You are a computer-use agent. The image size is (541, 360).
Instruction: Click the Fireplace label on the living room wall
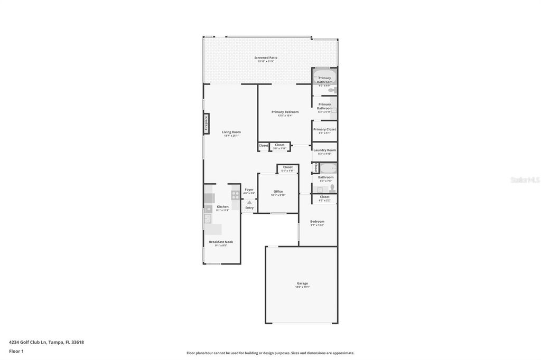[206, 124]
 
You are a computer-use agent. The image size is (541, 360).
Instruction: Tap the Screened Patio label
[266, 58]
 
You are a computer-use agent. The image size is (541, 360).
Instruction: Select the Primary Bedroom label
[285, 112]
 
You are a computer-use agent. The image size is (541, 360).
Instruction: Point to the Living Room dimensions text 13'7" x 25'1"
[231, 136]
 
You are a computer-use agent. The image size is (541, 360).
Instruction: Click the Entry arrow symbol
[249, 202]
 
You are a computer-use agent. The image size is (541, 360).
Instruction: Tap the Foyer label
[249, 190]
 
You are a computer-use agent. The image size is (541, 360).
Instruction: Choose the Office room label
[278, 192]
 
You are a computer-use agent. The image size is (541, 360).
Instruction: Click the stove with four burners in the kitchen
[235, 195]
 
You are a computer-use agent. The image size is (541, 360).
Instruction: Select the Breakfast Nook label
[220, 242]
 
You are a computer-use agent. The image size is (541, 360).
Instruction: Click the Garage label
[302, 283]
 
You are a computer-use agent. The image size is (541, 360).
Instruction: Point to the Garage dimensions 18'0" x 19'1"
[302, 287]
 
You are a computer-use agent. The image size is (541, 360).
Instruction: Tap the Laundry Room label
[324, 150]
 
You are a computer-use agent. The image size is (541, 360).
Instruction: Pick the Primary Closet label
[324, 129]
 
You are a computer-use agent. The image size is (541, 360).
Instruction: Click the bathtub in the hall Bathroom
[328, 169]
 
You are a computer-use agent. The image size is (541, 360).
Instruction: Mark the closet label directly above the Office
[287, 167]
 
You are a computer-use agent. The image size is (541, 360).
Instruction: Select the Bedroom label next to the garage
[317, 221]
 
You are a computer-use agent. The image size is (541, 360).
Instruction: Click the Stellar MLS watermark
[525, 180]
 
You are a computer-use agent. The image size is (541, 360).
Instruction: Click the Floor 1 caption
[16, 351]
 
